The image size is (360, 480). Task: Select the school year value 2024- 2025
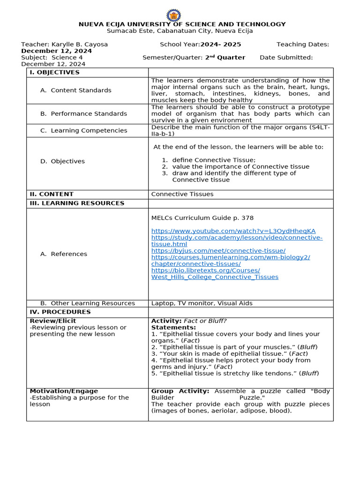[x=220, y=45]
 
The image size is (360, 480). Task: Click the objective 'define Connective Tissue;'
[x=214, y=160]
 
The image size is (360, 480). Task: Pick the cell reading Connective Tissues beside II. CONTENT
[x=182, y=194]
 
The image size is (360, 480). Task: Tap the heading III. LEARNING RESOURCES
[x=77, y=203]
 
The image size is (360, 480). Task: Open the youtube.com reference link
[x=233, y=231]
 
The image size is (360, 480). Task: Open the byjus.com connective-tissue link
[x=218, y=251]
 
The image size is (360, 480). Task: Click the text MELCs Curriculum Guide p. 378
[x=202, y=218]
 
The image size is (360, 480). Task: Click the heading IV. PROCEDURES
[x=60, y=312]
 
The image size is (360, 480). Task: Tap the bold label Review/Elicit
[x=52, y=321]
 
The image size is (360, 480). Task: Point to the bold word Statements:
[x=173, y=328]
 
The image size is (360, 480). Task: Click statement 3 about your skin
[x=229, y=354]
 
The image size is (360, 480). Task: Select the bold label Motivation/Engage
[x=64, y=391]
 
